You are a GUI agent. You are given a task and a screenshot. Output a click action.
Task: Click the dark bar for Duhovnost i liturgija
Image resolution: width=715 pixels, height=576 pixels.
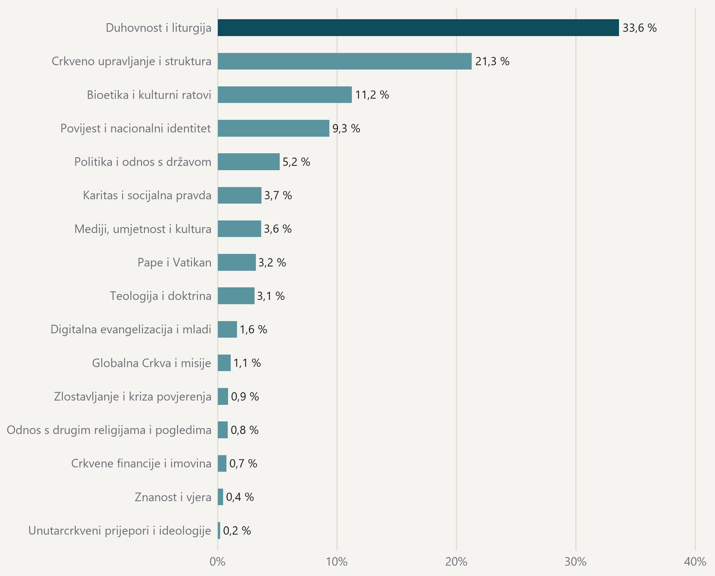click(x=418, y=27)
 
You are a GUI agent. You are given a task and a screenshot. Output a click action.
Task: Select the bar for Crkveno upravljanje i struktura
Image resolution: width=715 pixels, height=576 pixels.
click(x=344, y=61)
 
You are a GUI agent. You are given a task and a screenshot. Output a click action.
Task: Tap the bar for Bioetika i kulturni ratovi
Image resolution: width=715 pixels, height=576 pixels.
click(x=285, y=95)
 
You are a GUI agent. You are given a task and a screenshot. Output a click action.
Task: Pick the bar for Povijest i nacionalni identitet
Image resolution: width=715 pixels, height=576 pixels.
click(x=273, y=128)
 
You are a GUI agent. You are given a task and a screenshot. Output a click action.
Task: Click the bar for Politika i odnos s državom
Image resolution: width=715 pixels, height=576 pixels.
click(x=249, y=162)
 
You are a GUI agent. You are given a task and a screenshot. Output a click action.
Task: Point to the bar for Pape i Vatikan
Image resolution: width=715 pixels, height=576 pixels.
click(x=237, y=262)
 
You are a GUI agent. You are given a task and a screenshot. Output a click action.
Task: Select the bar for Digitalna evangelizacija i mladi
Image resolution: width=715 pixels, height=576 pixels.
click(x=227, y=329)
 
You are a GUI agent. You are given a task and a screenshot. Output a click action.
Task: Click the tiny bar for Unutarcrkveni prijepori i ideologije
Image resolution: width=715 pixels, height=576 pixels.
click(x=219, y=530)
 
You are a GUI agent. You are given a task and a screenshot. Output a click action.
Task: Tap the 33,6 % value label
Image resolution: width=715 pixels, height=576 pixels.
click(x=639, y=28)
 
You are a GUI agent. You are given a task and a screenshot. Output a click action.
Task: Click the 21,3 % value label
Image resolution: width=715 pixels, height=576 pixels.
click(x=492, y=61)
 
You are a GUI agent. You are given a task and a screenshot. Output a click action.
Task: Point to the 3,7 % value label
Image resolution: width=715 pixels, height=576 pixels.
click(x=278, y=195)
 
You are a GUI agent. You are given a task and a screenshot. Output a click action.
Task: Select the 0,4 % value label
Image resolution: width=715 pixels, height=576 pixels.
click(x=240, y=497)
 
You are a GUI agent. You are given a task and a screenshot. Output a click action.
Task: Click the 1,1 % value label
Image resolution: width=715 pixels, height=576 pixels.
click(x=247, y=363)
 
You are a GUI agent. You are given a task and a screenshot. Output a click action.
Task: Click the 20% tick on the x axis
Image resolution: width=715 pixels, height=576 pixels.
click(x=456, y=562)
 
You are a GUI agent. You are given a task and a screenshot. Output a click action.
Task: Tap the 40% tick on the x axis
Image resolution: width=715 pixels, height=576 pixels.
click(x=695, y=562)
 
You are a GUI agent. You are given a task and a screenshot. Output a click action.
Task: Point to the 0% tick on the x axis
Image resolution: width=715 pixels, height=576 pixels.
click(x=218, y=562)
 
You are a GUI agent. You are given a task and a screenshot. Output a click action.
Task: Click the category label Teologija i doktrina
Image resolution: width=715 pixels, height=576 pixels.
click(x=161, y=296)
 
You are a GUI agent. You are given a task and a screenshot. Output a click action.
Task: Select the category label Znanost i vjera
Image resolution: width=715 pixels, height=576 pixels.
click(x=173, y=497)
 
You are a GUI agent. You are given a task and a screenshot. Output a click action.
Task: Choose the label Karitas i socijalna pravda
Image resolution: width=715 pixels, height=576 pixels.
click(x=147, y=195)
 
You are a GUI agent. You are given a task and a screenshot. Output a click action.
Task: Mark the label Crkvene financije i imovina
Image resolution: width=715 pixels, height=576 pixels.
click(x=141, y=463)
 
